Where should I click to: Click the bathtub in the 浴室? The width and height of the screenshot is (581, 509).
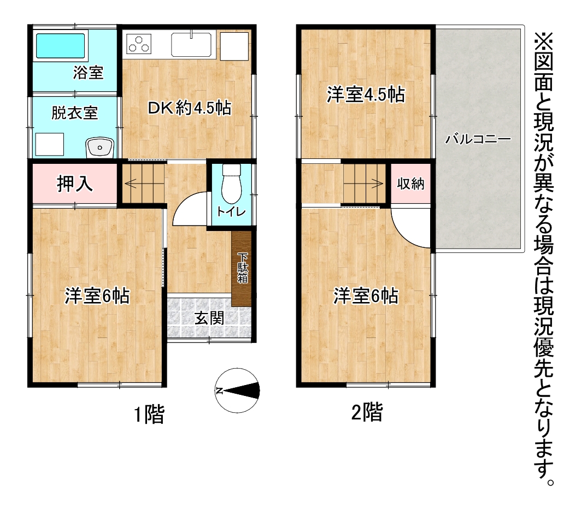61,46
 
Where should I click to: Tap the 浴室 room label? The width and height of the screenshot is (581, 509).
88,73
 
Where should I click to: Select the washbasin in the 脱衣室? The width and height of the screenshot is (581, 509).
99,148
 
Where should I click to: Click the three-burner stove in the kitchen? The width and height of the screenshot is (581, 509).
139,44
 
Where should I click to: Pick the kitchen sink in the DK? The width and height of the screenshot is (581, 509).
191,45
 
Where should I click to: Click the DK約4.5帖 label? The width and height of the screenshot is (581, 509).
189,108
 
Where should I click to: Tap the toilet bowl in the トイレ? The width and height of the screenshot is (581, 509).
232,184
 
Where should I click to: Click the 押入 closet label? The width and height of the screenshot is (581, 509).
74,184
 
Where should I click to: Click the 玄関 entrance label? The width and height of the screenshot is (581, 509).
209,318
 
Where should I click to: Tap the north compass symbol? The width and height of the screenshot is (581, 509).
237,390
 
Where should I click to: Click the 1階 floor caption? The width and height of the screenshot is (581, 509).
149,414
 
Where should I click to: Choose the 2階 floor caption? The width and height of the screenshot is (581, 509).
367,412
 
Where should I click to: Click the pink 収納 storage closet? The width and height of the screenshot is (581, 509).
410,184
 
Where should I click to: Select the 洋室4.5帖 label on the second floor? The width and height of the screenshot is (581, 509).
366,95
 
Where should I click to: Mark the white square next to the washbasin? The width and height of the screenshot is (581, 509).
50,144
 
